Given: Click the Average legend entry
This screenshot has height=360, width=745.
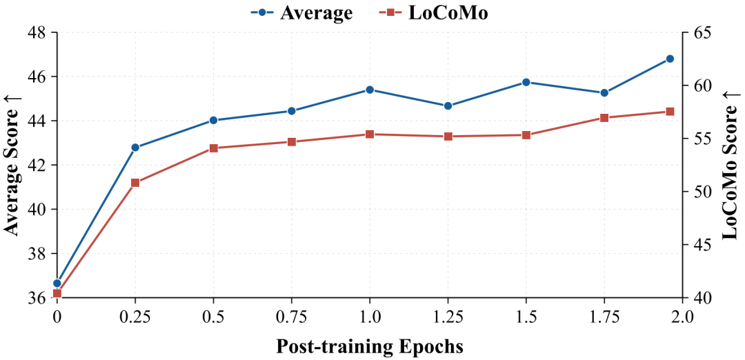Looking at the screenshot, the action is [301, 13].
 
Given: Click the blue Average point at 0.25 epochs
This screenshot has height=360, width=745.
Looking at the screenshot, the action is [135, 147].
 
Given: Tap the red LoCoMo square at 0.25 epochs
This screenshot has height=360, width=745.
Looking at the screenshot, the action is [135, 183].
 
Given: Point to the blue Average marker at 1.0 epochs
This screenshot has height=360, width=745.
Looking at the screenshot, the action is [370, 90].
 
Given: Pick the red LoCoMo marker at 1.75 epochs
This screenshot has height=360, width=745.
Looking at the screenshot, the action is [604, 118].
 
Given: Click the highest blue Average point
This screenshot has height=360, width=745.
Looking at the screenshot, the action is [670, 59].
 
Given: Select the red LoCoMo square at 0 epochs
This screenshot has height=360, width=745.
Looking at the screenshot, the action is [57, 293].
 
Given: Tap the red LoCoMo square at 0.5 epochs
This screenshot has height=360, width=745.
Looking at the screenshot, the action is [213, 148].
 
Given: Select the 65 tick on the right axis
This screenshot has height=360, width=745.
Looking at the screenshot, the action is [700, 32].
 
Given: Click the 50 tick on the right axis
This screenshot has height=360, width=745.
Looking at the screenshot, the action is [700, 192].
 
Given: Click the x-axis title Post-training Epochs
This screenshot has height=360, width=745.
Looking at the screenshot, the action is [370, 347].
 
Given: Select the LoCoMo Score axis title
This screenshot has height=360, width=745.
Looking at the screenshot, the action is [731, 165].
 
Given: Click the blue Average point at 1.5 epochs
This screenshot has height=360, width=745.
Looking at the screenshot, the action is [526, 82].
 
